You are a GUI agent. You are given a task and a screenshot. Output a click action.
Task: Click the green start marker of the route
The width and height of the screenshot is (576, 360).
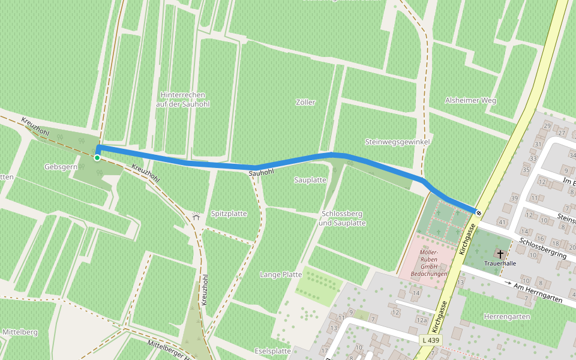pyautogui.click(x=97, y=158)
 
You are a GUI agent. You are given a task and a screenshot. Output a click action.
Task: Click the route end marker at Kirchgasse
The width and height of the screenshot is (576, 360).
pyautogui.click(x=478, y=212)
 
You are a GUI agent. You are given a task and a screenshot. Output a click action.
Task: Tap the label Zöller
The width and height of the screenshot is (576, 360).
pyautogui.click(x=305, y=103)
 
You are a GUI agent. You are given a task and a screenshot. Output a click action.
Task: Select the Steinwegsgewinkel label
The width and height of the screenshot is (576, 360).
pyautogui.click(x=397, y=142)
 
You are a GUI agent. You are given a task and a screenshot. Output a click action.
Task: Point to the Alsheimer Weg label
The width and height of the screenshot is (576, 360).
pyautogui.click(x=470, y=100)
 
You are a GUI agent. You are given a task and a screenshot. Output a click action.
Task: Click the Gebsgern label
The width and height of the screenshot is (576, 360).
pyautogui.click(x=61, y=166)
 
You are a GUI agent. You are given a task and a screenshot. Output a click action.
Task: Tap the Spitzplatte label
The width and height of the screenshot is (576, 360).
pyautogui.click(x=229, y=214)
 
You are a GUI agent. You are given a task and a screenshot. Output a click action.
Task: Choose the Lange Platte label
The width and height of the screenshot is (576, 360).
pyautogui.click(x=281, y=274)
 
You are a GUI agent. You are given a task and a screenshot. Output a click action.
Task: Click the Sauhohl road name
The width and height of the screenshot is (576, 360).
pyautogui.click(x=261, y=173)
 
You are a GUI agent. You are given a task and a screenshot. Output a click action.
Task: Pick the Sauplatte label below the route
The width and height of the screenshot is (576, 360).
pyautogui.click(x=310, y=180)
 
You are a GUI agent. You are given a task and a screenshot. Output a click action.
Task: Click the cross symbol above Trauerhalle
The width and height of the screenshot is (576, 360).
pyautogui.click(x=500, y=254)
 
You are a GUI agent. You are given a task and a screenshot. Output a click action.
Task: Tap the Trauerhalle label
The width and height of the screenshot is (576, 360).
pyautogui.click(x=500, y=263)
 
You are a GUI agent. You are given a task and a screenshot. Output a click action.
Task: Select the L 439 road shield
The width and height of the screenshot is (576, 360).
pyautogui.click(x=430, y=340)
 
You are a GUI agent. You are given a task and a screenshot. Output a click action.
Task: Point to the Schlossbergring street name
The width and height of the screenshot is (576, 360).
pyautogui.click(x=543, y=247)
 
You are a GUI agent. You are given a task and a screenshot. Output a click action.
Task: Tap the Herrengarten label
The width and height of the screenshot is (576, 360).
pyautogui.click(x=507, y=316)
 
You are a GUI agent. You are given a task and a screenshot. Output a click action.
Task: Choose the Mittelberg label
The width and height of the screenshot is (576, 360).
pyautogui.click(x=20, y=332)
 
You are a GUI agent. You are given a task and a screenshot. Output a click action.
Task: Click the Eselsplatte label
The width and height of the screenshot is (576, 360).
pyautogui.click(x=273, y=351)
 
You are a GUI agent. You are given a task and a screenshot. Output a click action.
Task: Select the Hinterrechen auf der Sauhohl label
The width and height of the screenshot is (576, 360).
pyautogui.click(x=183, y=100)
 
